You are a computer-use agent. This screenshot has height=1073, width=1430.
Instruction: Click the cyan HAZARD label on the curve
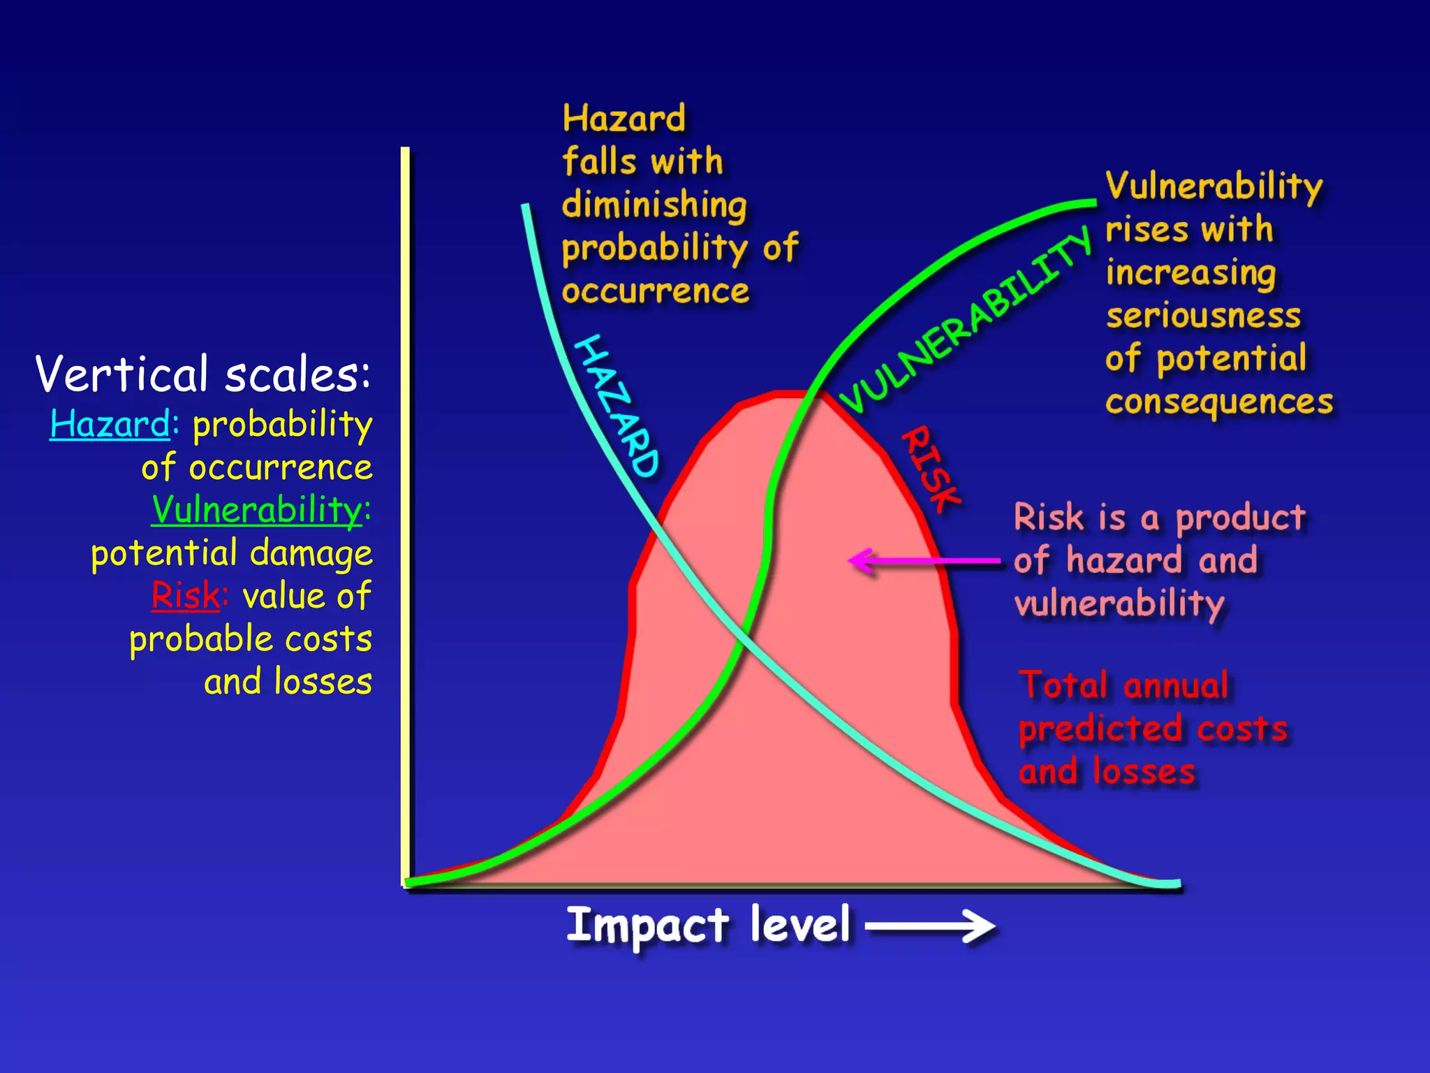tap(616, 406)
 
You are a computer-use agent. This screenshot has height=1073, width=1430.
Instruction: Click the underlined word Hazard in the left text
tap(110, 424)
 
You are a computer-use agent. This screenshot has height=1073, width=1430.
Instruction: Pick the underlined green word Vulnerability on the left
tap(257, 509)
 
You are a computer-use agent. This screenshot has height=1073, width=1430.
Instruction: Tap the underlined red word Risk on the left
tap(185, 596)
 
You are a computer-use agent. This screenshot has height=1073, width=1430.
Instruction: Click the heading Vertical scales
tap(202, 374)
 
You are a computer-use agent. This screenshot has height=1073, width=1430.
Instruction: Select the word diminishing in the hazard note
tap(654, 205)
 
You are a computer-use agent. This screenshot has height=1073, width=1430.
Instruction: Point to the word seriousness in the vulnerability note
tap(1203, 316)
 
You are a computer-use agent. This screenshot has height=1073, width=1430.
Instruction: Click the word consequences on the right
tap(1218, 402)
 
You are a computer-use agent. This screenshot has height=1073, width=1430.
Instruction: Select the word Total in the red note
tap(1063, 685)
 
